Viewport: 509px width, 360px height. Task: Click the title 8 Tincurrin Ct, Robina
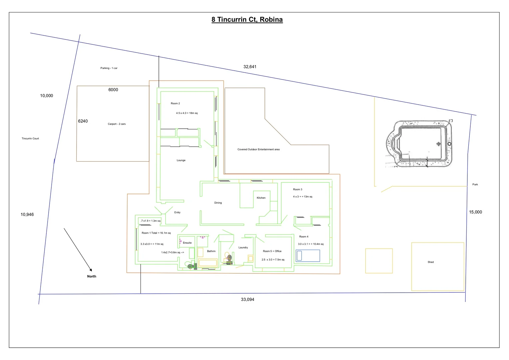(247, 19)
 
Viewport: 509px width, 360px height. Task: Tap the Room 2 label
(175, 103)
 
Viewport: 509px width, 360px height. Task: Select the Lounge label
(181, 160)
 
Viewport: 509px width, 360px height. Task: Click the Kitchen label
(261, 198)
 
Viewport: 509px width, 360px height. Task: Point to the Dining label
(218, 203)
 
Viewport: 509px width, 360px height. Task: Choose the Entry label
(177, 212)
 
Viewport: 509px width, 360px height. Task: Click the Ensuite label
(187, 243)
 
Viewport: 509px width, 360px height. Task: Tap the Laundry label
(243, 247)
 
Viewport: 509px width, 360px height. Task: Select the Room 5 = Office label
(272, 251)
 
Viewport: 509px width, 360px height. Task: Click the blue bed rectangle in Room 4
(308, 256)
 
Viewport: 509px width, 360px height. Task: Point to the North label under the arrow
(92, 276)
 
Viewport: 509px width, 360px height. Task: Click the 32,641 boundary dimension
(250, 67)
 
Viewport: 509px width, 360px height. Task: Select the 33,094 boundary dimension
(248, 299)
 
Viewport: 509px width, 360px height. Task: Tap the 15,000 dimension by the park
(475, 212)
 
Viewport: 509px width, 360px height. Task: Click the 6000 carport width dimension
(113, 90)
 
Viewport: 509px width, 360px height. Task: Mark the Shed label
(431, 262)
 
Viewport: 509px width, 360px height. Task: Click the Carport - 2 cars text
(117, 124)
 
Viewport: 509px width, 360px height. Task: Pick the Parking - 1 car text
(109, 68)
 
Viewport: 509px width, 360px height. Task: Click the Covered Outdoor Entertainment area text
(258, 149)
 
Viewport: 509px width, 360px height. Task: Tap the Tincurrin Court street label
(30, 138)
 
